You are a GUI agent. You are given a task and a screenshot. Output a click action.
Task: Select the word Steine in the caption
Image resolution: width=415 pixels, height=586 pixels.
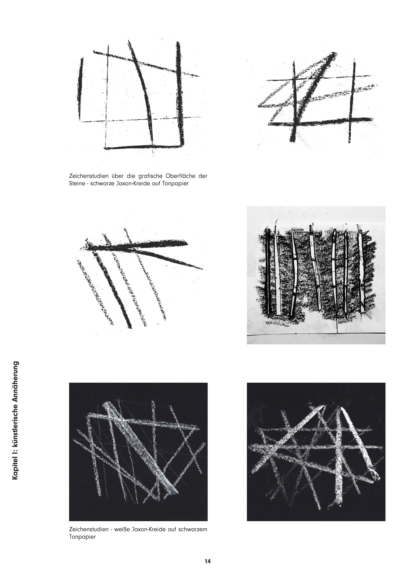coord(76,183)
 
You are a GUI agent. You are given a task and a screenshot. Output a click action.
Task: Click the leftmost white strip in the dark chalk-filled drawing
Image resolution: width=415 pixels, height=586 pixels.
coord(277,272)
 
